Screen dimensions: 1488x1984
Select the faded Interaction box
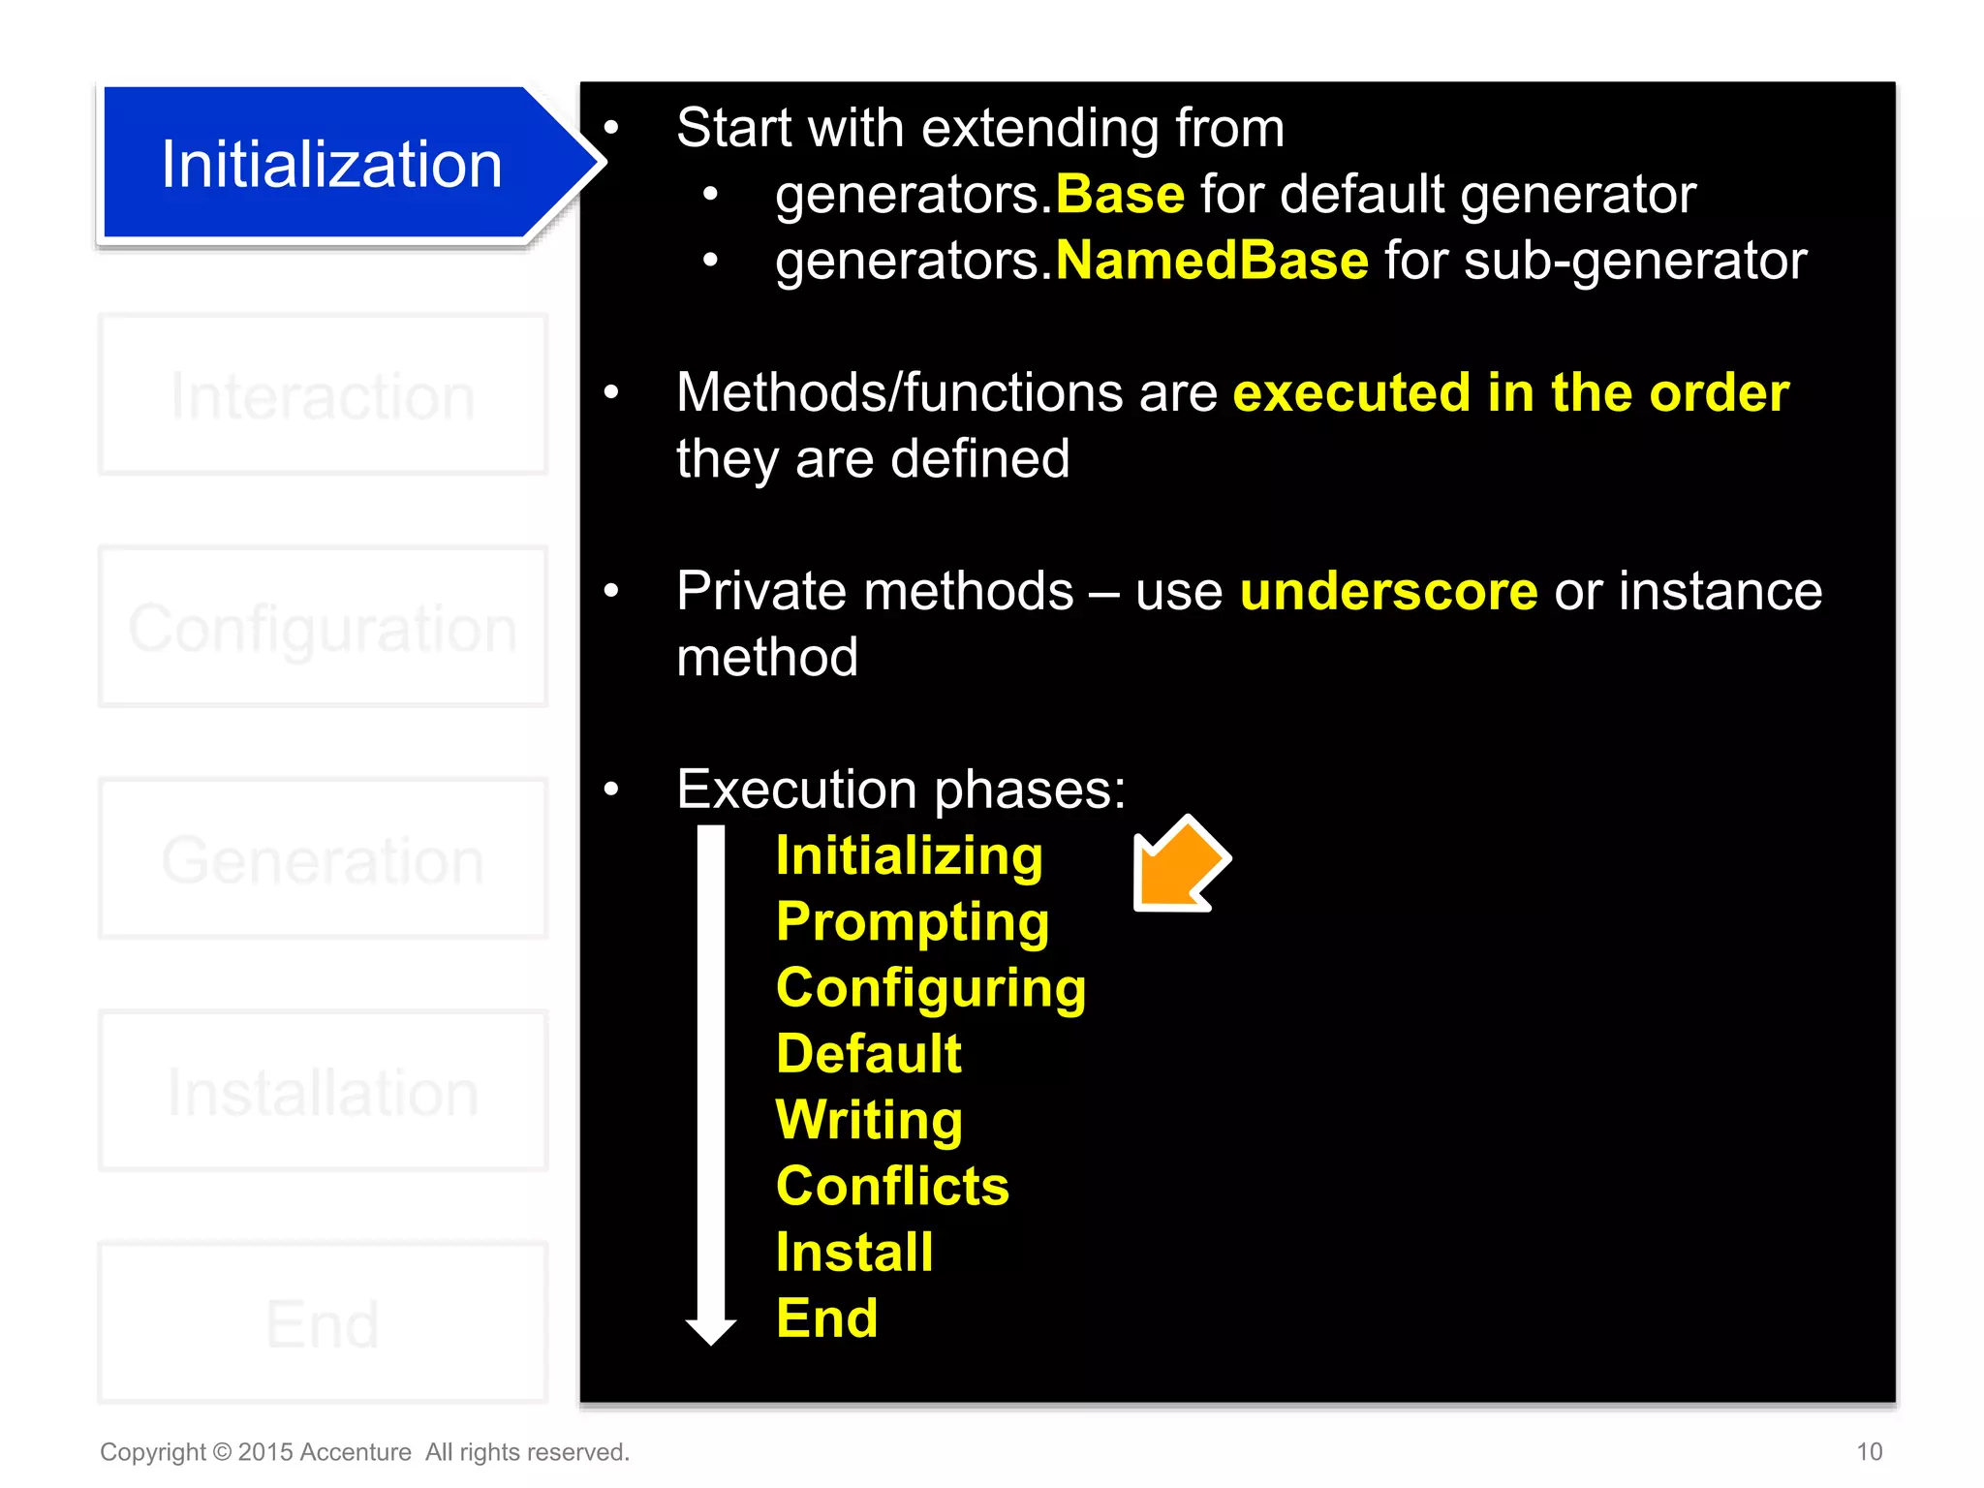[x=323, y=395]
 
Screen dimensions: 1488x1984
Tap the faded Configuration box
[x=323, y=628]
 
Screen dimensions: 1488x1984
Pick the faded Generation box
[x=323, y=859]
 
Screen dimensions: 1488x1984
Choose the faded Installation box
[x=323, y=1092]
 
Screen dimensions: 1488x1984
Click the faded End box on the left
[x=323, y=1323]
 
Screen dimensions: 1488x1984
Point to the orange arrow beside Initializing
[x=1178, y=864]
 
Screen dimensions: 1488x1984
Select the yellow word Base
[x=1120, y=195]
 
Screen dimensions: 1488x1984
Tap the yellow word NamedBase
[x=1212, y=261]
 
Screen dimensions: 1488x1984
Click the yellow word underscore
[x=1388, y=591]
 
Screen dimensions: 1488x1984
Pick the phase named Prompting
[x=913, y=921]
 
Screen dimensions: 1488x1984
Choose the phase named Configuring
[x=931, y=988]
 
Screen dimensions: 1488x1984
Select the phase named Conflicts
[x=892, y=1186]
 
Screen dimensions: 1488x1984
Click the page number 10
[x=1869, y=1451]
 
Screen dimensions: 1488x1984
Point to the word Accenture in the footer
[x=356, y=1452]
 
